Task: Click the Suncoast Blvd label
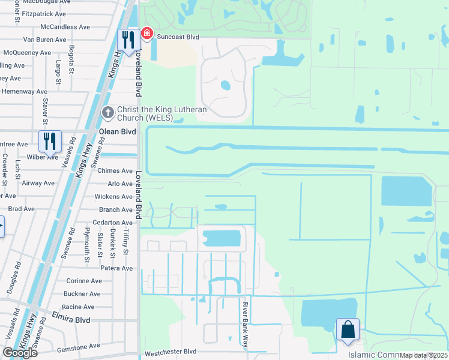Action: click(178, 37)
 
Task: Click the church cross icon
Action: click(108, 112)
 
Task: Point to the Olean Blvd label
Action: click(118, 131)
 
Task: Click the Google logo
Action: click(20, 352)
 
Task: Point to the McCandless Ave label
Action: click(65, 27)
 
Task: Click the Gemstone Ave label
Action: click(78, 346)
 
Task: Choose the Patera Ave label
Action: click(116, 268)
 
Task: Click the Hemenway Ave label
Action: click(24, 92)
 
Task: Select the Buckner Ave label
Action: click(82, 294)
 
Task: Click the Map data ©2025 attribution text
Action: click(424, 355)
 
